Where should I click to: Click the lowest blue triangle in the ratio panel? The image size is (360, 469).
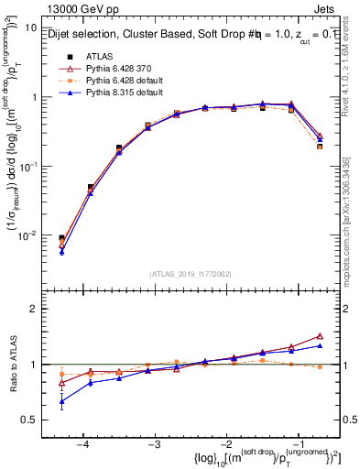coord(61,401)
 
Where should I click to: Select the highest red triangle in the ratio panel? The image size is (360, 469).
coord(320,336)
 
